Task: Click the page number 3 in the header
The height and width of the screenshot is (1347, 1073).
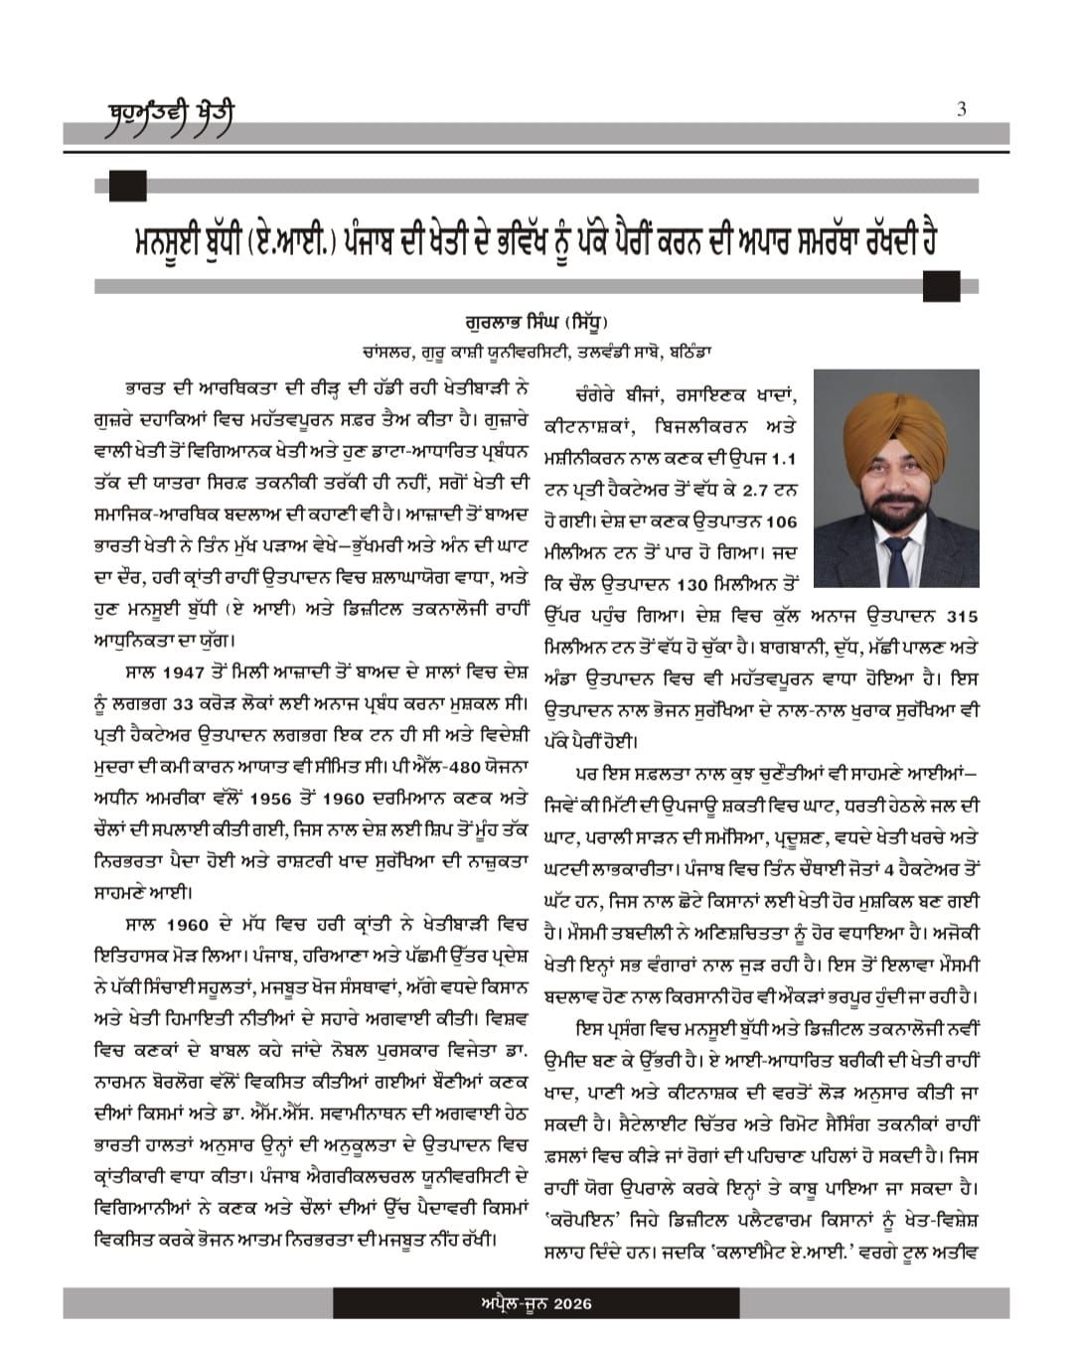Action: pos(961,109)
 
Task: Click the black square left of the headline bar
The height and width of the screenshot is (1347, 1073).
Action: pos(128,186)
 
